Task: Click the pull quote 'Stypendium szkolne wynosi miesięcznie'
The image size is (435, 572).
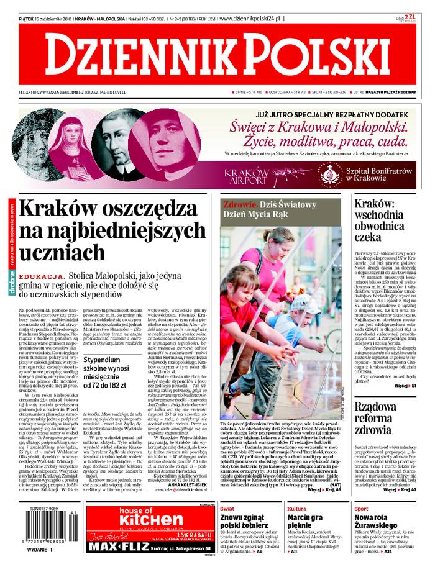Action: pos(113,368)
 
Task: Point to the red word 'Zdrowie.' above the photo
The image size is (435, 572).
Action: pos(239,204)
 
